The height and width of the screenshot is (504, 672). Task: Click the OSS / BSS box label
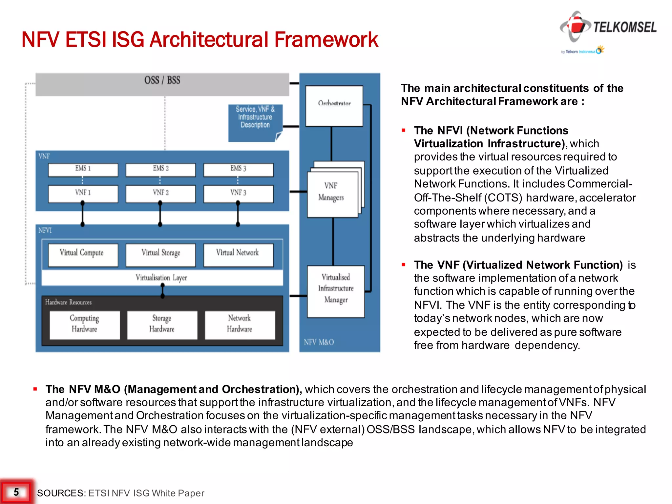tap(162, 80)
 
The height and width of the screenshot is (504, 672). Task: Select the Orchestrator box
tap(334, 106)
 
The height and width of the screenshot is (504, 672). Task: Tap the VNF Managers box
tap(332, 194)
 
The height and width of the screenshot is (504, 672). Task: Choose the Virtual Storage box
tap(160, 255)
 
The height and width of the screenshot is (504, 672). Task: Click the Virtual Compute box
tap(83, 255)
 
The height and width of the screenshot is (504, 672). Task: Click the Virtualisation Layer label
tap(161, 278)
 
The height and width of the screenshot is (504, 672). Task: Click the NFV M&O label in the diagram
tap(319, 342)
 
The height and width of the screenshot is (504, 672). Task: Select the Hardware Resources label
tap(68, 302)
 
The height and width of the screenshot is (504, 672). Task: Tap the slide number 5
tap(16, 492)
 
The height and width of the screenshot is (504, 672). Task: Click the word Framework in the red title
tap(326, 40)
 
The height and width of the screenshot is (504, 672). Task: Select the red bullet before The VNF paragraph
tap(404, 264)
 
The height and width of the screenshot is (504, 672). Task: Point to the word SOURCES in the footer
tap(61, 493)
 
